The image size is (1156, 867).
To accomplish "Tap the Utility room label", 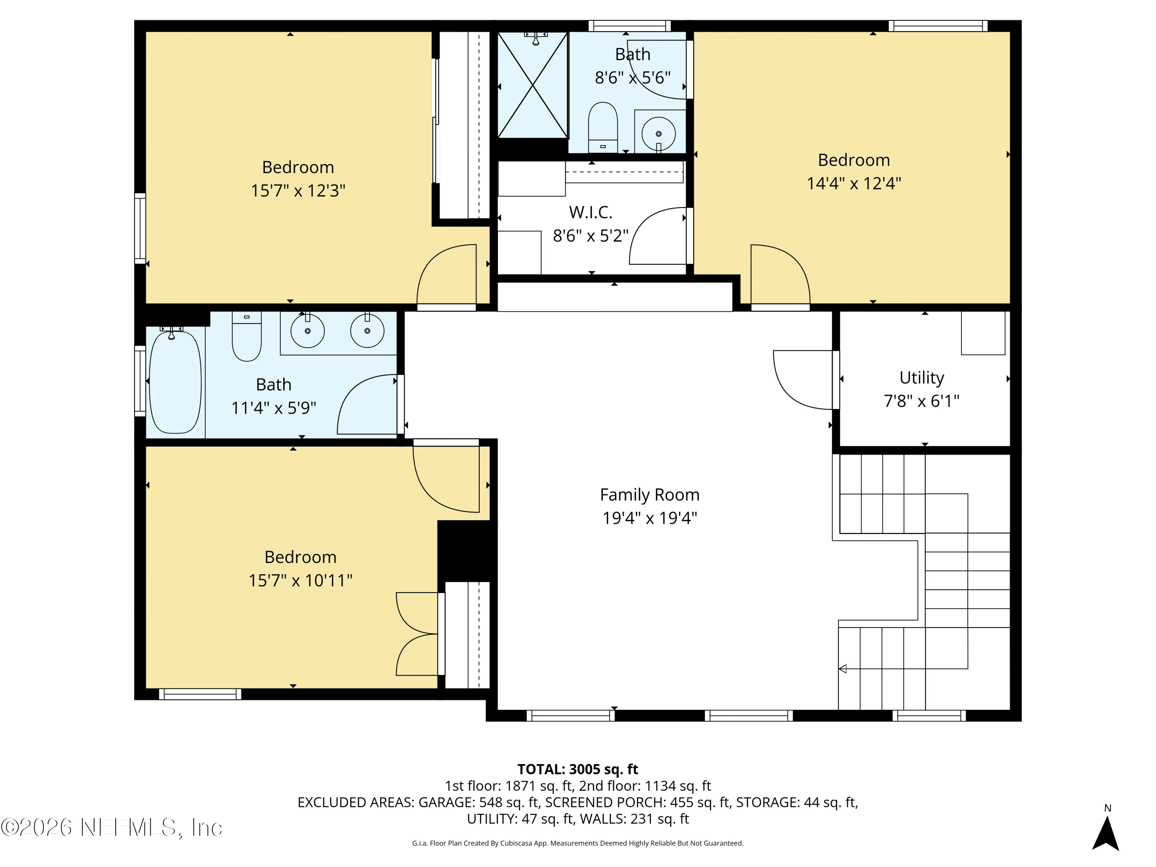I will (921, 377).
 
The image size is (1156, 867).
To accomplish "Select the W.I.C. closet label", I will (591, 212).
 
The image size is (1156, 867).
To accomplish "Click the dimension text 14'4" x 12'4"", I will (854, 183).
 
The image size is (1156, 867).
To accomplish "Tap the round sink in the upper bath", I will (659, 134).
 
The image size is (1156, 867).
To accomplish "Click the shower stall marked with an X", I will (533, 85).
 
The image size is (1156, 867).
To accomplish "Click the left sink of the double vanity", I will (307, 331).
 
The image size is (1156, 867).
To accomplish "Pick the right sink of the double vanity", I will (367, 331).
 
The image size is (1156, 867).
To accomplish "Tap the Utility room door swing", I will (800, 380).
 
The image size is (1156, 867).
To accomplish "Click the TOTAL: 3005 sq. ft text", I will (578, 769).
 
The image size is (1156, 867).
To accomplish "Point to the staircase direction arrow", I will (842, 669).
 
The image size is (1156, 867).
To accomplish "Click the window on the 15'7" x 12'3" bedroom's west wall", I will (140, 229).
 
